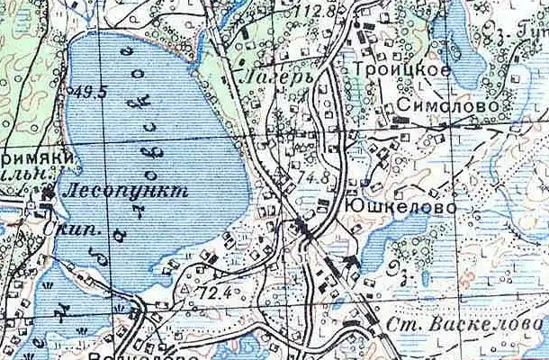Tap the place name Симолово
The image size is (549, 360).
[x=436, y=105]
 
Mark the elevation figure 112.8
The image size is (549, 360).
[x=325, y=11]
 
